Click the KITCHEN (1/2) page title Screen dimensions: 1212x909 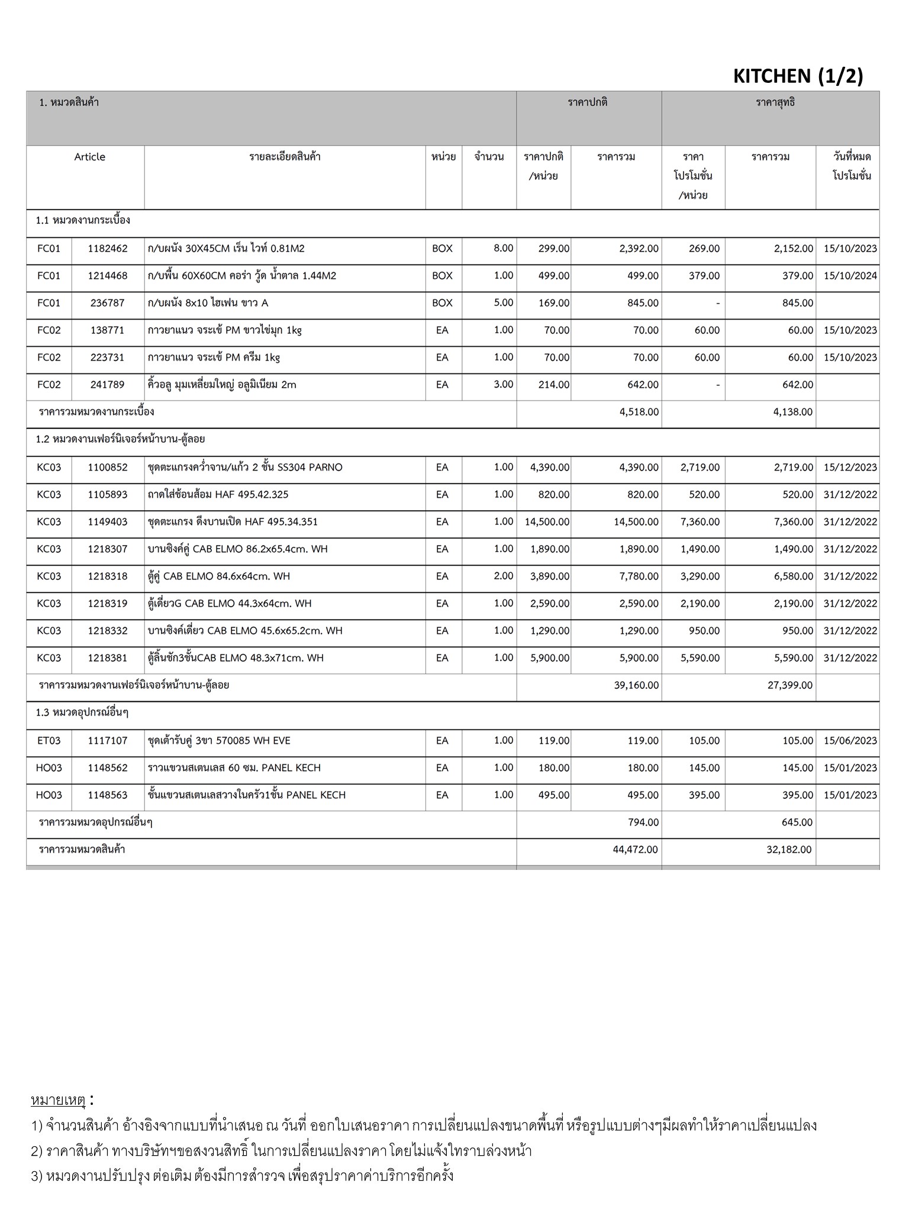tap(798, 76)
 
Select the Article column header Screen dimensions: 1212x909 tap(89, 157)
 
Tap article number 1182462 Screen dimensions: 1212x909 tap(107, 249)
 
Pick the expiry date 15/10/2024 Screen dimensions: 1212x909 tap(850, 276)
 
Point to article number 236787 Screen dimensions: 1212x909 tap(107, 303)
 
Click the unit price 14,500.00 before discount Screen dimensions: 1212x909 tap(547, 522)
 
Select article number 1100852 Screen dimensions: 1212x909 tap(107, 468)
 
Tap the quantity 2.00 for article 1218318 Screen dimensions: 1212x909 tap(503, 576)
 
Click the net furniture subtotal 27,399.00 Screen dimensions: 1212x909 tap(789, 685)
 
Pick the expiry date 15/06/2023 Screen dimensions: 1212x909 tap(850, 741)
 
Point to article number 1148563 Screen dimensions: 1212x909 tap(107, 795)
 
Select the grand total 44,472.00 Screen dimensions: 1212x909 tap(635, 850)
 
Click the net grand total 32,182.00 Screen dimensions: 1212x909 tap(789, 850)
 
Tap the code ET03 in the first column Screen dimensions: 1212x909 tap(49, 741)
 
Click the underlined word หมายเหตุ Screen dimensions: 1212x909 tap(58, 1101)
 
